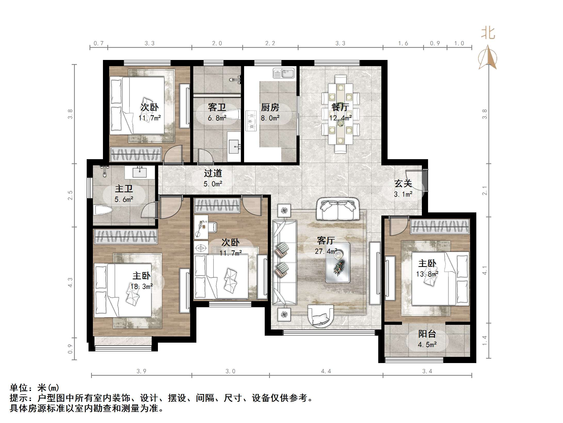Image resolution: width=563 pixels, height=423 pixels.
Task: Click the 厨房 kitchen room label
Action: coord(270,107)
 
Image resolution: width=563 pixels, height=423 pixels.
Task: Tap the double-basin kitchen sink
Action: coord(284,74)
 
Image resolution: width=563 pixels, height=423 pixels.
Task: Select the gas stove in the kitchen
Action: coord(251,120)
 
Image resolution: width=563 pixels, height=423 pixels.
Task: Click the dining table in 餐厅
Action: coord(340,114)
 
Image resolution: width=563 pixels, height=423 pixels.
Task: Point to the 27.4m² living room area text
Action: coord(326,251)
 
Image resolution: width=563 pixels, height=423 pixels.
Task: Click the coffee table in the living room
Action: coord(338,263)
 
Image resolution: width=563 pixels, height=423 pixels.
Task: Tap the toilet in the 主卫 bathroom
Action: coord(102,210)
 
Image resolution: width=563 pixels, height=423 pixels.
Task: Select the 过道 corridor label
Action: coord(213,173)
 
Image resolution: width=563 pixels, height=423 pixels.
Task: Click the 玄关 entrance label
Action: coord(403,183)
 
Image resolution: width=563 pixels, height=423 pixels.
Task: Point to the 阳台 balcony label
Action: coord(427,334)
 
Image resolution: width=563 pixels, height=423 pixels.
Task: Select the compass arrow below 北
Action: coord(488,58)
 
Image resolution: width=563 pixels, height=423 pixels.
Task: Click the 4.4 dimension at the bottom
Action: coord(326,371)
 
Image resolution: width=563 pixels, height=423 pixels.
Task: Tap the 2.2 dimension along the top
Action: coord(270,43)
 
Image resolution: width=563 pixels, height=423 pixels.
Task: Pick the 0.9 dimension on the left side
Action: coord(70,349)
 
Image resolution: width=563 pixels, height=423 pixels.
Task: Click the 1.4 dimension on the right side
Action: coord(485,340)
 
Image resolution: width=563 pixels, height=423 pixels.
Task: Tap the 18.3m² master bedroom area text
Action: coord(141,286)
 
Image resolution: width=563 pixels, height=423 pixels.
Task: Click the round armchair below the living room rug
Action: coord(321,317)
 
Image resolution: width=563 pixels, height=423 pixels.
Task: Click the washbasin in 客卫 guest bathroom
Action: coord(234,147)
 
